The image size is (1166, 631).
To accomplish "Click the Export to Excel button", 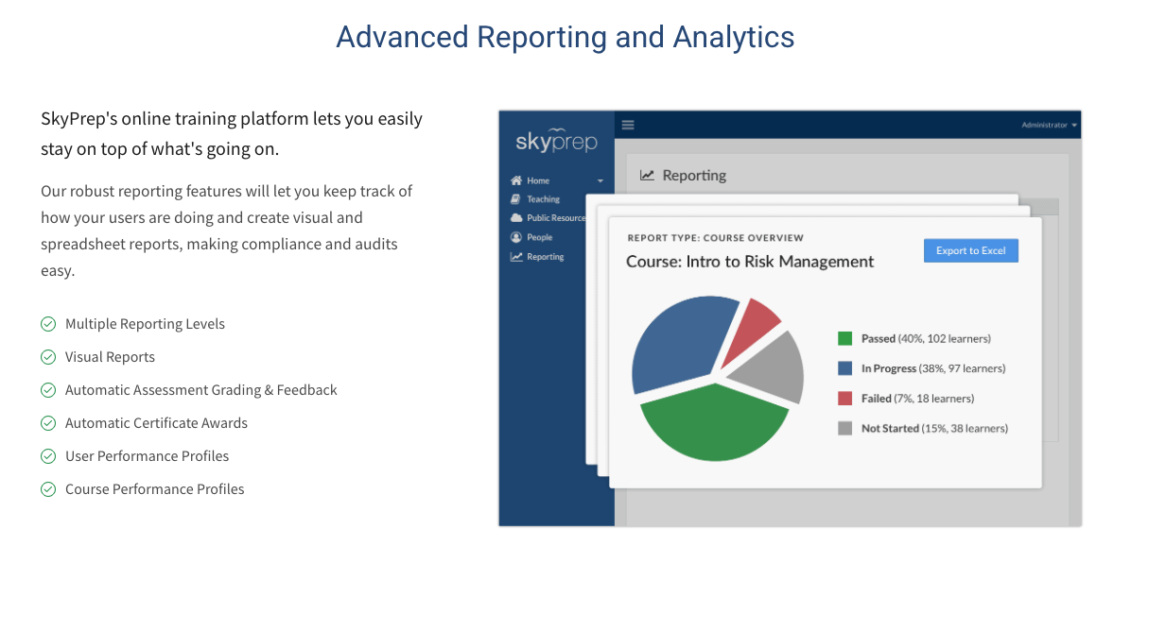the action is coord(971,250).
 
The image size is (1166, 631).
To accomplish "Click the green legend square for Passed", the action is coord(844,339).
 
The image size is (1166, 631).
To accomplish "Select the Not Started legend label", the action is coord(934,428).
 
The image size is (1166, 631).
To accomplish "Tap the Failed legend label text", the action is coord(917,399).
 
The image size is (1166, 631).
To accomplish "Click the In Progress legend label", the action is coord(933,368).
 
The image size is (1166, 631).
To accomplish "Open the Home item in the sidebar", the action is coord(538,180).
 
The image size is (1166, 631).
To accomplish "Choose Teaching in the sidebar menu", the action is coord(543,199).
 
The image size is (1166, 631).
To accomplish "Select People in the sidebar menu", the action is coord(539,237).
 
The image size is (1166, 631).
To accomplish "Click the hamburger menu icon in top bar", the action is coord(628,125).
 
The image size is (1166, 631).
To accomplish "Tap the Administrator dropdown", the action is coord(1049,125).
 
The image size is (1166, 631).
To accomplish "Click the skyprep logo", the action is coord(556,141).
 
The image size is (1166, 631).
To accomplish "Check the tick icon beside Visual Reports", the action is coord(48,357).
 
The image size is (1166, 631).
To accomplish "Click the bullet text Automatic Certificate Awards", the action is coord(156,423).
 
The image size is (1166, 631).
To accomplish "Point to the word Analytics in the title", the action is coord(734,37).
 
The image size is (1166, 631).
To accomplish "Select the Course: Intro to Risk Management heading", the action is coord(750,262).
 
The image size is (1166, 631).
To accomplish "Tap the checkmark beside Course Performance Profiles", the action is coord(48,489).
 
